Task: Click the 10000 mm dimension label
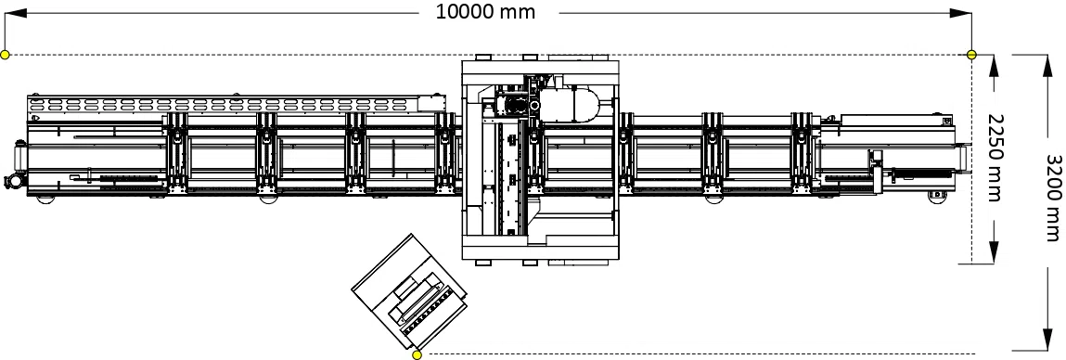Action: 485,11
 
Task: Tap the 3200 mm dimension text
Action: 1053,198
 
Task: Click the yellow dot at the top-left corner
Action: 6,55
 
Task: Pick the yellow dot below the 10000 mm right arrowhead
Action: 971,55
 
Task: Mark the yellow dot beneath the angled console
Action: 417,354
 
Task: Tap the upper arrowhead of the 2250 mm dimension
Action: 994,65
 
